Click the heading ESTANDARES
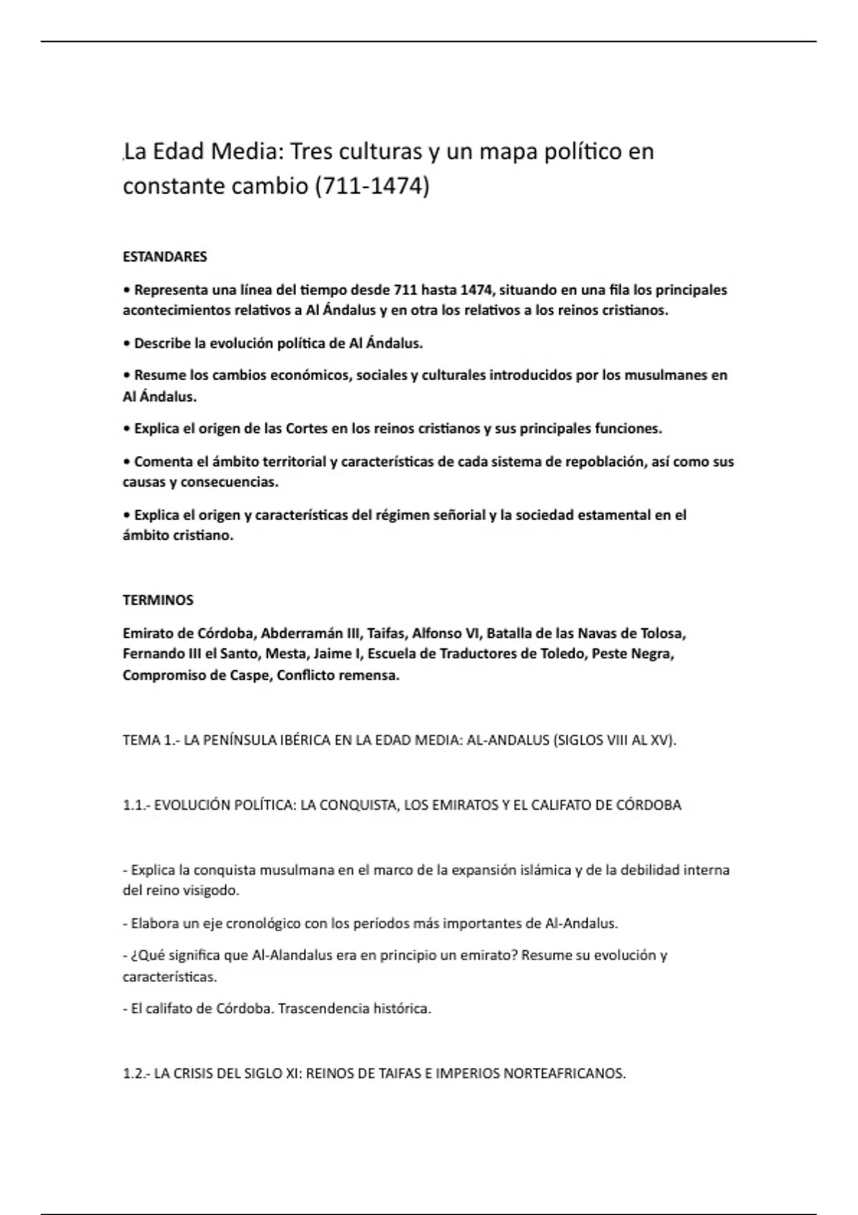[x=164, y=257]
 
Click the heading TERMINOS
[x=158, y=600]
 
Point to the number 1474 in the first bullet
[x=475, y=290]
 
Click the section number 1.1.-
[x=136, y=805]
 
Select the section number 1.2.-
[x=136, y=1073]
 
